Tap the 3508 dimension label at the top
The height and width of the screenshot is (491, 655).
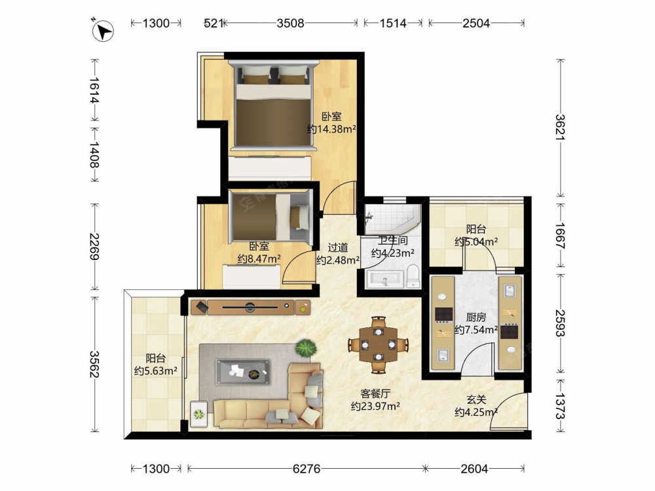coord(290,23)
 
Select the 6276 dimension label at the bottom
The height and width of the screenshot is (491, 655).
coord(307,469)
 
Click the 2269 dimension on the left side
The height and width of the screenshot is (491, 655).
coord(94,246)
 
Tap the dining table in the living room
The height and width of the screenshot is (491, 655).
coord(379,345)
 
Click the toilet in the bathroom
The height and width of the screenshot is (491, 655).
coord(413,276)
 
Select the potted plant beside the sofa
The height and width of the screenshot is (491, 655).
coord(306,348)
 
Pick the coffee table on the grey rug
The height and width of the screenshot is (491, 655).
coord(243,372)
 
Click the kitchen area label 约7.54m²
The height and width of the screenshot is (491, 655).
coord(476,330)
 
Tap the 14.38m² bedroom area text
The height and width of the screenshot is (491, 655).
coord(331,129)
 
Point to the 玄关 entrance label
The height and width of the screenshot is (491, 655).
coord(476,400)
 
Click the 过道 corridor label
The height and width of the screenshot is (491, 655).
coord(337,248)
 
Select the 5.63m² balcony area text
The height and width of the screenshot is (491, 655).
coord(155,371)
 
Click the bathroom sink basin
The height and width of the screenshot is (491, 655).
coord(384,280)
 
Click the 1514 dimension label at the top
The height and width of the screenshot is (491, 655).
coord(392,23)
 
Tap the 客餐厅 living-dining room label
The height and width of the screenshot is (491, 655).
coord(375,393)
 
